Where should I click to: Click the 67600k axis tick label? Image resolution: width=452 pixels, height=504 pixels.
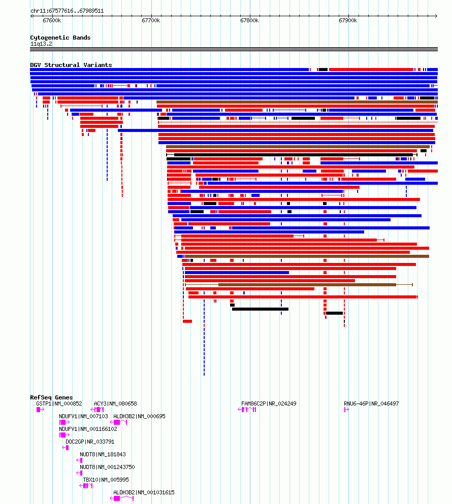(x=52, y=21)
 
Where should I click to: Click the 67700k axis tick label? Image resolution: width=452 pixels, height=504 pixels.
(x=151, y=21)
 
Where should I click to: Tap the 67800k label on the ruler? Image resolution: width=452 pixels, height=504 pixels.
(x=249, y=21)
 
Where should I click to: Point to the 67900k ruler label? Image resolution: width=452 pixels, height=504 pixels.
(x=348, y=21)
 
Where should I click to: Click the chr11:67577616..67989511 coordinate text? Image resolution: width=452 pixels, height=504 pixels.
(x=67, y=11)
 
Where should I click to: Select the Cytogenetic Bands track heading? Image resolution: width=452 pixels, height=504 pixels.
(x=60, y=38)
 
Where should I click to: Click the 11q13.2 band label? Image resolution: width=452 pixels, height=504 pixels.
(x=41, y=44)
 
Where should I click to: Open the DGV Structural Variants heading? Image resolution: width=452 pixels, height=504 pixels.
(x=71, y=65)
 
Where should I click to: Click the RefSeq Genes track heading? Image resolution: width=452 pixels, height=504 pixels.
(x=51, y=397)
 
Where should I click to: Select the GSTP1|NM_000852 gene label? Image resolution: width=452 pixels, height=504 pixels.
(x=59, y=404)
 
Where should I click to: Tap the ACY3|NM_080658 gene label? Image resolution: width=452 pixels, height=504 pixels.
(x=115, y=404)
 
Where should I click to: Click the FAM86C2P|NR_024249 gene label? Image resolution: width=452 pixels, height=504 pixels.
(x=269, y=404)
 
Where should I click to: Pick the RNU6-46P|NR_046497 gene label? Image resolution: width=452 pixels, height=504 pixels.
(x=371, y=404)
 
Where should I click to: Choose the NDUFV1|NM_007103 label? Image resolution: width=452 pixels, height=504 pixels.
(x=83, y=416)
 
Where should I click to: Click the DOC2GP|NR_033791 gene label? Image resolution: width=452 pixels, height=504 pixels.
(x=90, y=442)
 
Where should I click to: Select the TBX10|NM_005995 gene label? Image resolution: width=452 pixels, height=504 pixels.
(x=106, y=480)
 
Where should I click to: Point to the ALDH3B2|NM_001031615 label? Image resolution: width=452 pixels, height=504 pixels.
(x=144, y=492)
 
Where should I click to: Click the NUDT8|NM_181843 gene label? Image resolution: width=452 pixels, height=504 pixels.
(x=103, y=454)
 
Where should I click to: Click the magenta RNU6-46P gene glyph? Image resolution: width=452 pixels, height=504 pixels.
(x=346, y=410)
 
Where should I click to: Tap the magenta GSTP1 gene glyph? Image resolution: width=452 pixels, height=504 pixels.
(x=40, y=410)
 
